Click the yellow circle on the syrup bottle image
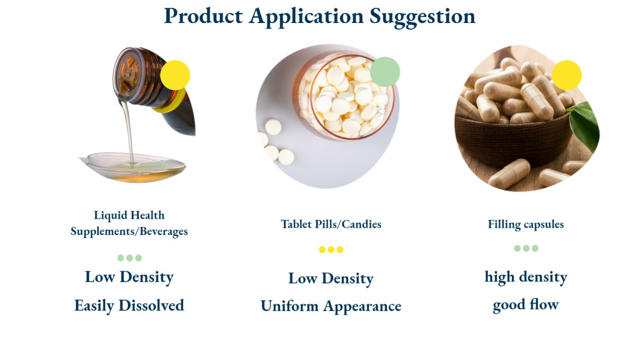coord(175,76)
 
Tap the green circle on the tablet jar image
coord(385,72)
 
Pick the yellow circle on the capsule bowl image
coord(566,76)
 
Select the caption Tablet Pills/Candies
coord(331,224)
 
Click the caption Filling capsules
coord(525,224)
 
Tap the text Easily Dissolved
coord(129,306)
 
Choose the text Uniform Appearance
coord(331,306)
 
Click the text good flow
coord(525,304)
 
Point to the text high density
coord(525,277)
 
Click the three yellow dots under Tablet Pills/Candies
coord(331,249)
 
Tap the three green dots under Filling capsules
coord(525,248)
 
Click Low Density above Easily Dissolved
coord(129,277)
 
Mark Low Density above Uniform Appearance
coord(331,278)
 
